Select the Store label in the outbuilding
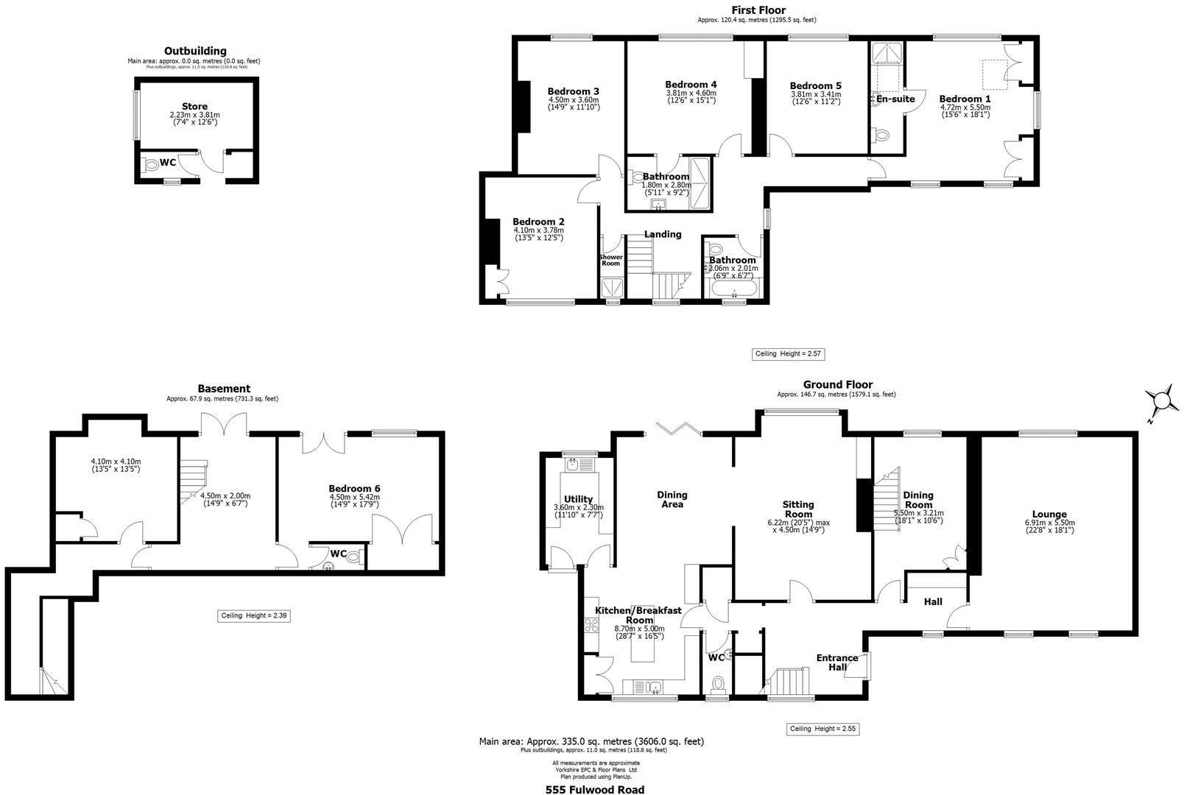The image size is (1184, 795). coord(194,107)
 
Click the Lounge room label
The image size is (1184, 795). coord(1049,515)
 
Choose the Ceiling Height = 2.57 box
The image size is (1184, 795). coord(788,354)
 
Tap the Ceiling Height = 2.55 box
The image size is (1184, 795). coord(823,729)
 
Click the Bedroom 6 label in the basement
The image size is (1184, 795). coord(354,489)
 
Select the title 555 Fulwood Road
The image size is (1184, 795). coord(594,790)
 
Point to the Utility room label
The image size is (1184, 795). coord(578,499)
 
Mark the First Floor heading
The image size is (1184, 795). coord(758,10)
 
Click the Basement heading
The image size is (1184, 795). coord(224,389)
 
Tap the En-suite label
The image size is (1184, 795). coord(895,99)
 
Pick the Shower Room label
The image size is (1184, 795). coord(610,260)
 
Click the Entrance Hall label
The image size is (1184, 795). coord(837,662)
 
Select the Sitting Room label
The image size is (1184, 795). coord(798,509)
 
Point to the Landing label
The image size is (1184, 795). coord(663,234)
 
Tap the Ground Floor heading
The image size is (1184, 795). coord(837,384)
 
